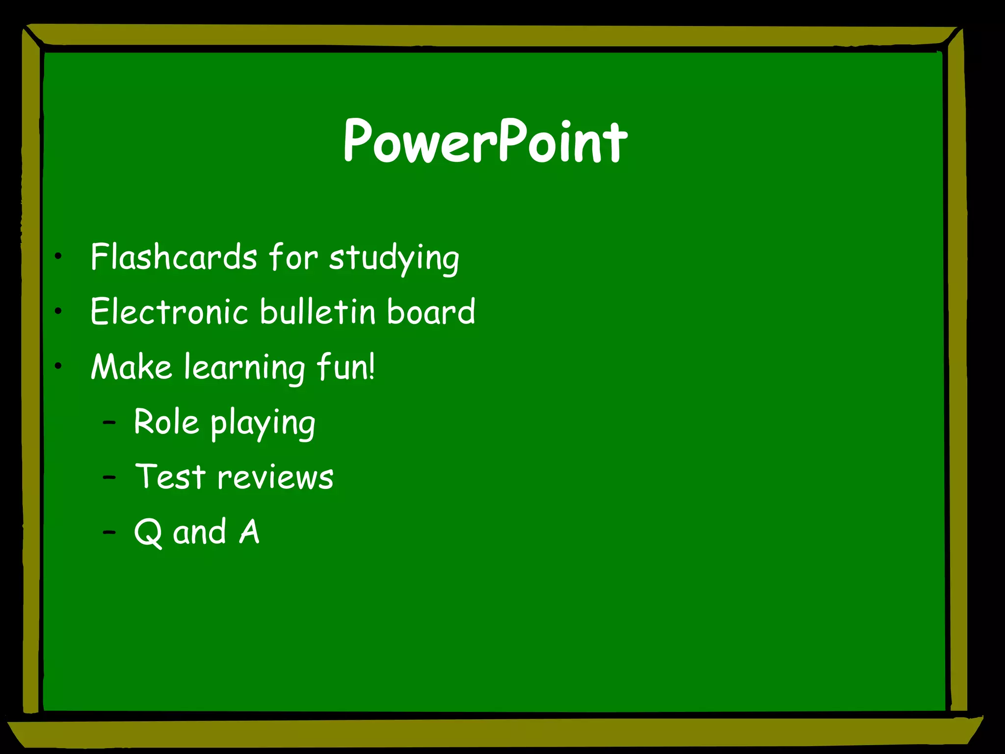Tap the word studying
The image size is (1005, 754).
click(394, 259)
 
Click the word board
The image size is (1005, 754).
click(431, 312)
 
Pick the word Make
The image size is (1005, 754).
click(132, 367)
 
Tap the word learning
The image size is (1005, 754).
click(244, 369)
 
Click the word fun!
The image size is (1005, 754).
click(346, 367)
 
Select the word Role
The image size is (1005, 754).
click(166, 422)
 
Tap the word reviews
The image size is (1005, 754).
click(275, 478)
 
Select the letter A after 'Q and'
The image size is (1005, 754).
click(249, 532)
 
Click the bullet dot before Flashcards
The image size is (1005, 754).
click(58, 256)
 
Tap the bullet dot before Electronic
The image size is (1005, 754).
click(58, 311)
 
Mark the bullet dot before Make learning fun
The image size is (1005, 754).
click(58, 366)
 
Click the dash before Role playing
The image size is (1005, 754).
click(109, 422)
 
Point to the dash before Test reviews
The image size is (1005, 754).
click(109, 477)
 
